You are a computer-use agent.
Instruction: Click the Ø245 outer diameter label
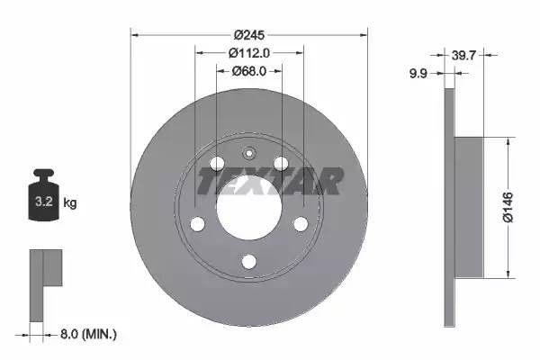[x=249, y=35]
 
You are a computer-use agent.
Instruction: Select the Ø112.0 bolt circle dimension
[x=249, y=53]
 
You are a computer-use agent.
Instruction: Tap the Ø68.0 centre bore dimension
[x=249, y=71]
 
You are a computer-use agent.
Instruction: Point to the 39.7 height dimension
[x=463, y=55]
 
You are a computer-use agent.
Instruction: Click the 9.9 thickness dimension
[x=418, y=74]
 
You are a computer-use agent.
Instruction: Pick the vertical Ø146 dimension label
[x=508, y=207]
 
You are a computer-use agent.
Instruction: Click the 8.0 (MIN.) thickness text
[x=88, y=334]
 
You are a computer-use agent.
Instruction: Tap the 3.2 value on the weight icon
[x=44, y=202]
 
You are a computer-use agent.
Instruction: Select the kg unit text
[x=70, y=202]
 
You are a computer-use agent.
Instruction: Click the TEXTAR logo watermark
[x=270, y=181]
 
